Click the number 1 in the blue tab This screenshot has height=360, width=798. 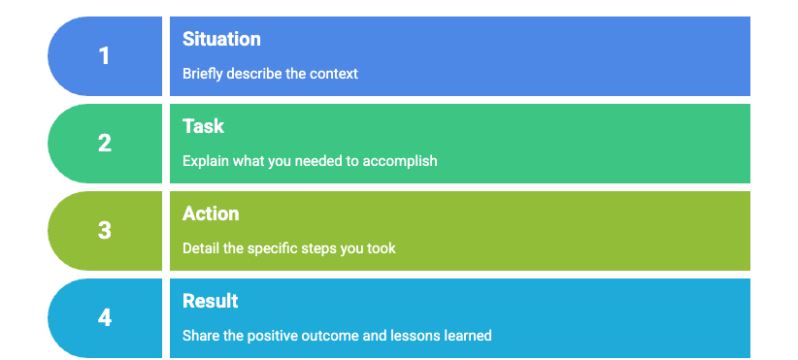pos(104,56)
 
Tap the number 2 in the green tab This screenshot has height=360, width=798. pos(104,144)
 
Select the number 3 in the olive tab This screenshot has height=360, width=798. pos(104,231)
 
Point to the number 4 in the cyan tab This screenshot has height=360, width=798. pos(104,318)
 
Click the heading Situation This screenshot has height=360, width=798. pos(221,39)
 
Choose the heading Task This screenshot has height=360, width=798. pos(203,126)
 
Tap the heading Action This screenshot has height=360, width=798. pos(211,213)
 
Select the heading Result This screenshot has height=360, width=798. pos(211,301)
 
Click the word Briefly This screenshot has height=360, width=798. pos(203,75)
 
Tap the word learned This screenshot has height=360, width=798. pos(468,336)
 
